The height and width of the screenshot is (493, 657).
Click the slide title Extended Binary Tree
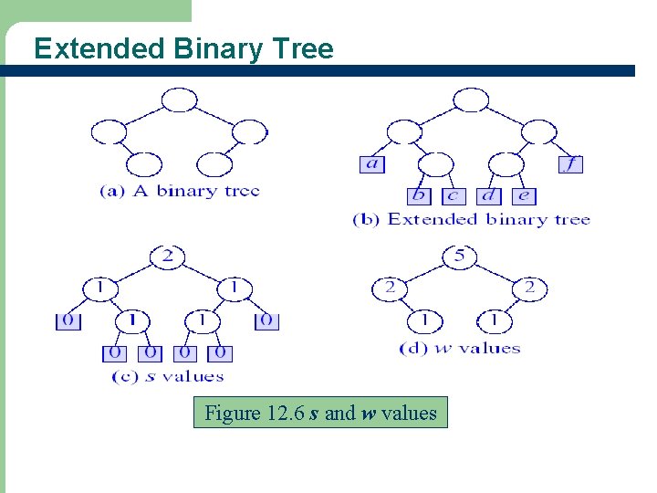(183, 48)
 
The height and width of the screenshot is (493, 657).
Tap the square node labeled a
(372, 164)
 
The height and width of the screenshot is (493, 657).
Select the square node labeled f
(571, 164)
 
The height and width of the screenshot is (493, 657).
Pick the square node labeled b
(420, 195)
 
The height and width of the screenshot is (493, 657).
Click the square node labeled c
(454, 195)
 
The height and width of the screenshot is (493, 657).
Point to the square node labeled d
(489, 195)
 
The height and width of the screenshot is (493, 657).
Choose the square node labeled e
(523, 195)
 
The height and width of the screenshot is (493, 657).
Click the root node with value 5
(459, 257)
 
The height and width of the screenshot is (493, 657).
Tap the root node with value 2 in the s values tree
(167, 257)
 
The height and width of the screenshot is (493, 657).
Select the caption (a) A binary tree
(180, 191)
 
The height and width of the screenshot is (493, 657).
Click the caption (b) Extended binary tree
(471, 219)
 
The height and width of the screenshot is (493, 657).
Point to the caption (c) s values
(167, 376)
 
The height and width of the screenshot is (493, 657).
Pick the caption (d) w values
(460, 348)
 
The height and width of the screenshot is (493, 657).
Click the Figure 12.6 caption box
(320, 413)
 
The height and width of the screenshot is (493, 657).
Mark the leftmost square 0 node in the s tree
(68, 321)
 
